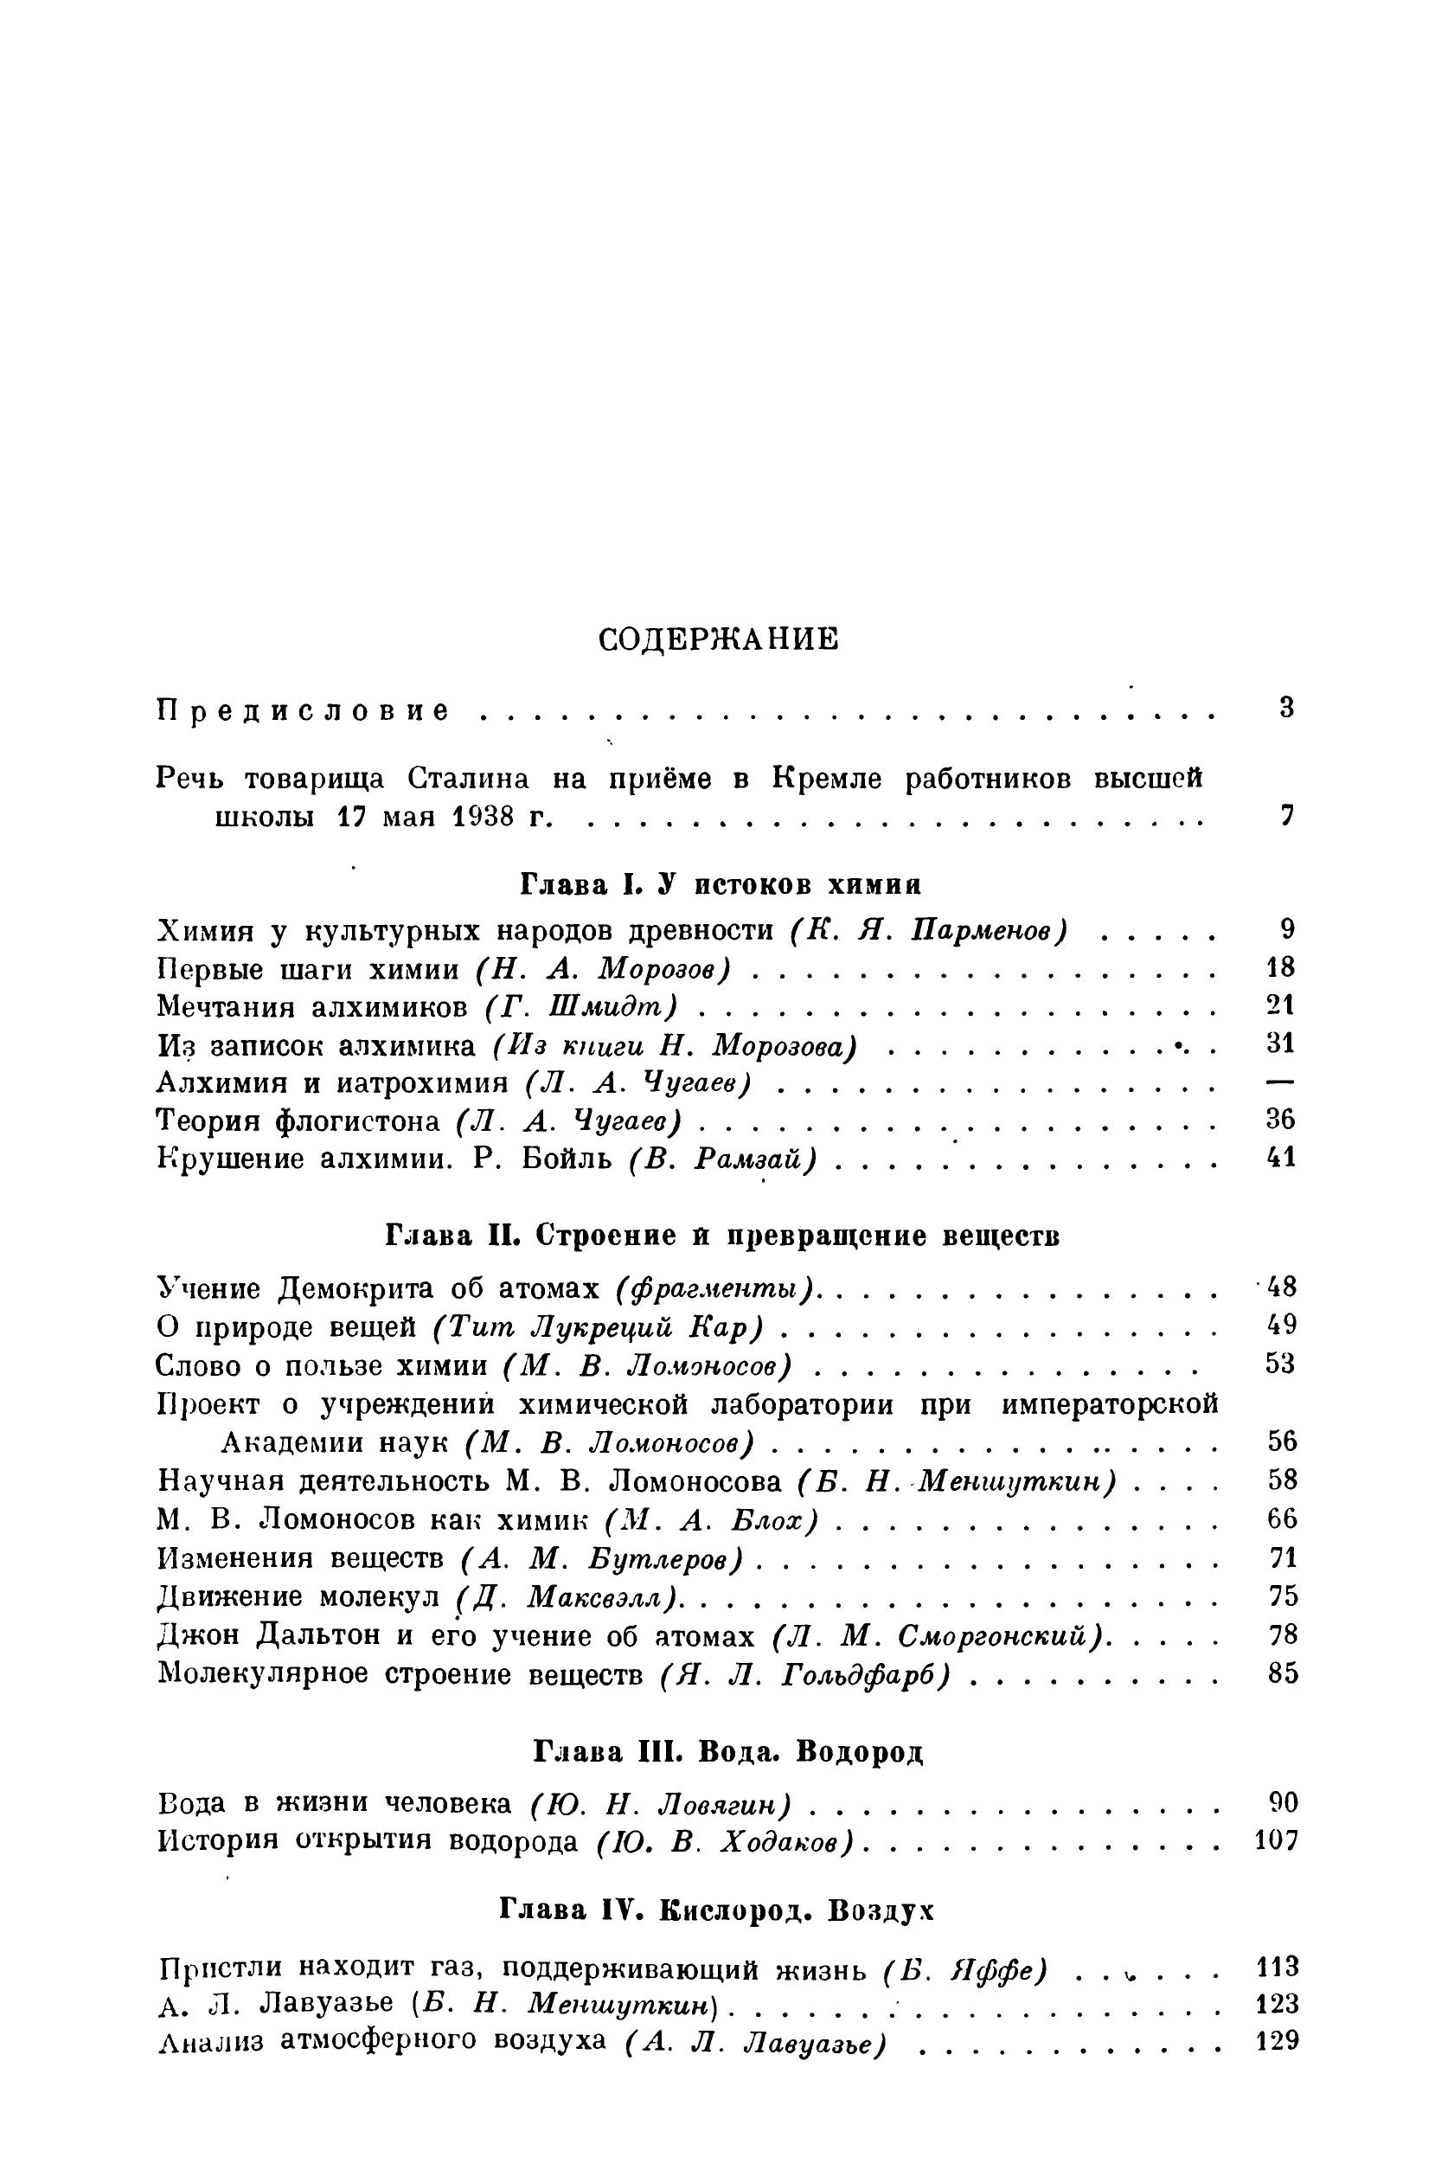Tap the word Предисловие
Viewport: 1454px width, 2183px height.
coord(304,712)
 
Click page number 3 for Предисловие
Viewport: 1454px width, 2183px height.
coord(1285,709)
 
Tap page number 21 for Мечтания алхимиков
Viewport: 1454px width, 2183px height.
coord(1279,1005)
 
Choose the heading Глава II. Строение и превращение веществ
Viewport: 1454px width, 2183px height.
coord(722,1236)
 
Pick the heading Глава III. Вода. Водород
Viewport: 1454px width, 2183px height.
coord(729,1752)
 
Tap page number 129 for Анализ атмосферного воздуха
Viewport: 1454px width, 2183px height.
coord(1276,2040)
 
